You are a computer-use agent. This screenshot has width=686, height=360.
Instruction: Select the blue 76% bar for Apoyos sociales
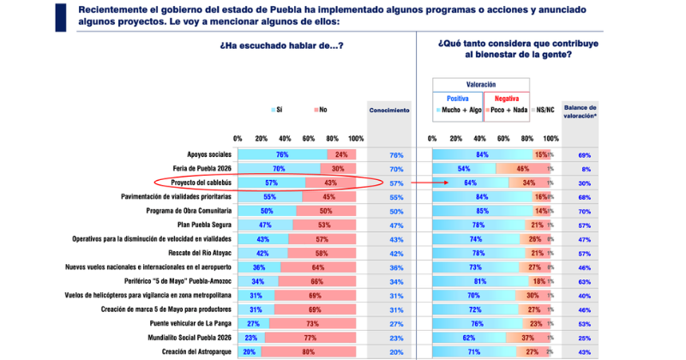(282, 155)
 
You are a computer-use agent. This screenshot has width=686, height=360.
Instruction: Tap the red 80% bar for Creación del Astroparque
(309, 352)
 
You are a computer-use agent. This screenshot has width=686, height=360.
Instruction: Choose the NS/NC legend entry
(546, 110)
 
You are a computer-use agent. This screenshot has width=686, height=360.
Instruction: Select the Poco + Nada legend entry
(508, 110)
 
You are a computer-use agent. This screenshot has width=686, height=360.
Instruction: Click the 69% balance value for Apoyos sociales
(584, 155)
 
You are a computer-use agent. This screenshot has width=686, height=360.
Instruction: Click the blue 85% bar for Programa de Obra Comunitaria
(482, 211)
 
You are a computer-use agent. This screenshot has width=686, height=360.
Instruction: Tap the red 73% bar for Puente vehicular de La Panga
(312, 324)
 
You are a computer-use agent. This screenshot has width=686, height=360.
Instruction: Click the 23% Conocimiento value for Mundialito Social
(396, 338)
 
